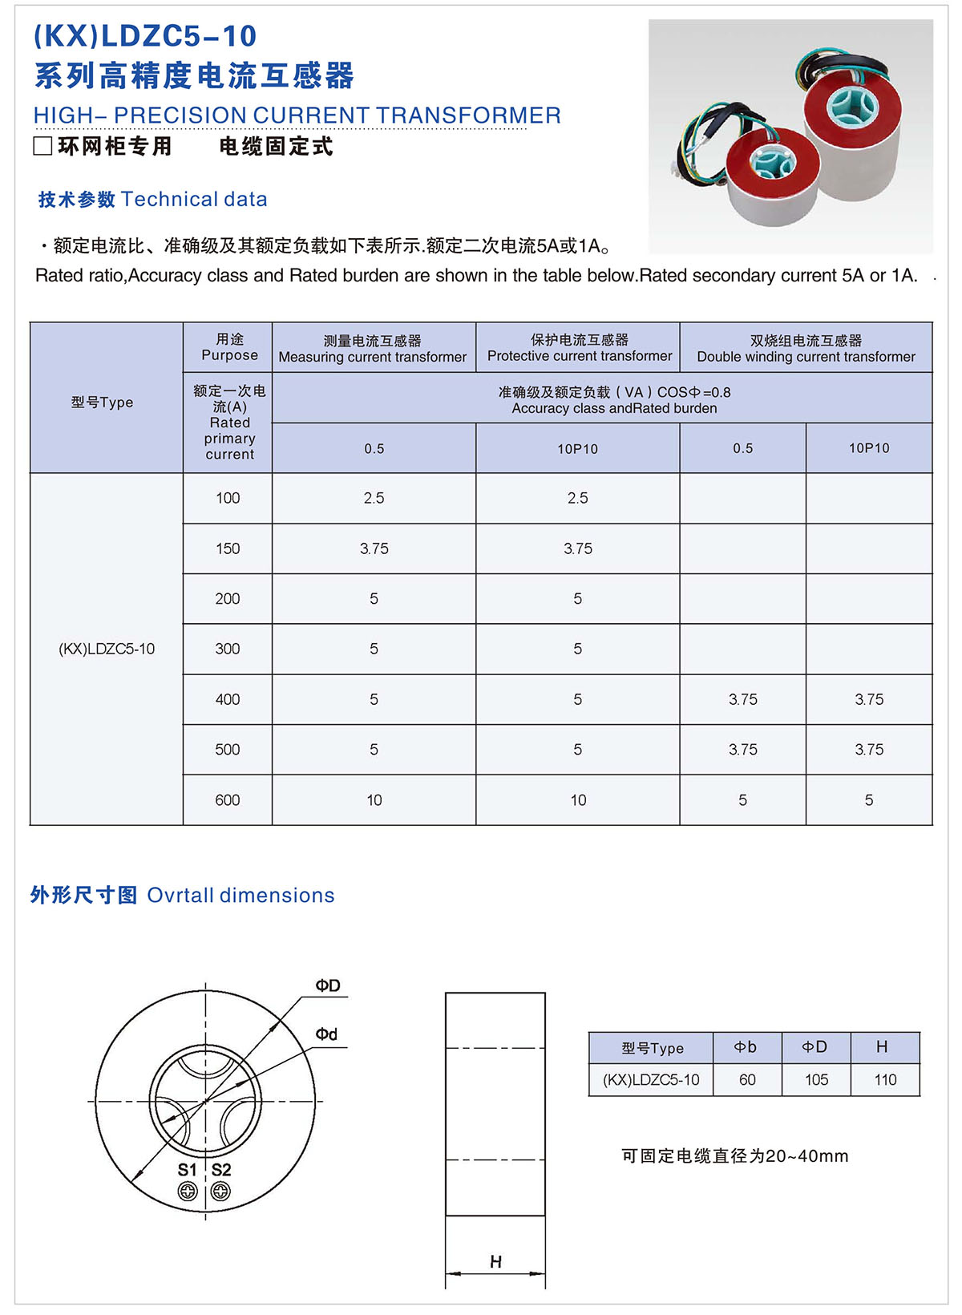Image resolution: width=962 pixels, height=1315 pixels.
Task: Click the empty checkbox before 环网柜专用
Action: point(42,146)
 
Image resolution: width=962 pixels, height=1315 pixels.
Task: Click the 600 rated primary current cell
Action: point(228,800)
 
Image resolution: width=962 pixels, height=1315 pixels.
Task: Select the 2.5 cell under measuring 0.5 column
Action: point(374,498)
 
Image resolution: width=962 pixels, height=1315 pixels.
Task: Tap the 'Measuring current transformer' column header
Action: point(373,349)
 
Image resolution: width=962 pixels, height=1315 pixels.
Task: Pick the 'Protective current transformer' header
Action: point(580,348)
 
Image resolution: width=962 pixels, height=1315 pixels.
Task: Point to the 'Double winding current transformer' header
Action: point(806,349)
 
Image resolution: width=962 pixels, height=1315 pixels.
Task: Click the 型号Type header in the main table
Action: point(102,403)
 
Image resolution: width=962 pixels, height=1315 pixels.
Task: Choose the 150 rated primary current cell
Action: point(228,548)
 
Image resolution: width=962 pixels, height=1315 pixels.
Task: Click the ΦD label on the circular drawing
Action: point(328,985)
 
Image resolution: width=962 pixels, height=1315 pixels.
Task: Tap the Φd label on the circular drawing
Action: point(326,1034)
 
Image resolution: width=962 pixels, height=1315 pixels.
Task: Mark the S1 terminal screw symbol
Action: point(188,1192)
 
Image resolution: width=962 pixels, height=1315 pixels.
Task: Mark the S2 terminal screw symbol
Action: point(220,1192)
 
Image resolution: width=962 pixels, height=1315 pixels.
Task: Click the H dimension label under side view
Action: point(495,1261)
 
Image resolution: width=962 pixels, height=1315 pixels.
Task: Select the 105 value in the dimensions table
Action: point(816,1080)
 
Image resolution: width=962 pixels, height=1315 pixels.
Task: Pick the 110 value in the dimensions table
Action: point(885,1080)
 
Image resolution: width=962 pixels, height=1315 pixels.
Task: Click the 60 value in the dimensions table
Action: point(747,1080)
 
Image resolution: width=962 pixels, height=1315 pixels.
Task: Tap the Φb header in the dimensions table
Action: point(746,1047)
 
